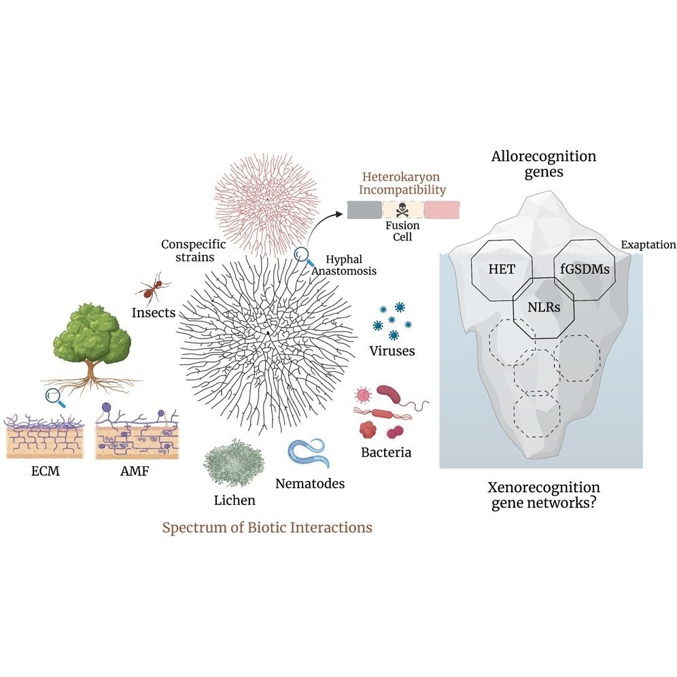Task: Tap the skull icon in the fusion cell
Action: point(403,209)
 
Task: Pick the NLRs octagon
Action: point(542,307)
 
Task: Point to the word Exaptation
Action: point(648,245)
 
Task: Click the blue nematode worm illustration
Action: point(309,455)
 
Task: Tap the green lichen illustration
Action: point(234,463)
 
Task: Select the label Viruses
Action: point(392,351)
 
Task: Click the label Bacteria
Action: point(385,451)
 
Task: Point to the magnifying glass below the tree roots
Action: point(54,397)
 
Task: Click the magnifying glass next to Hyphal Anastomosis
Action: point(304,257)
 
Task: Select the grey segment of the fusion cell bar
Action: point(364,209)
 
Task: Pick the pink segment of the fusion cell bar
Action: point(441,209)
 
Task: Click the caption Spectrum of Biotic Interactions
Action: point(267,527)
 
